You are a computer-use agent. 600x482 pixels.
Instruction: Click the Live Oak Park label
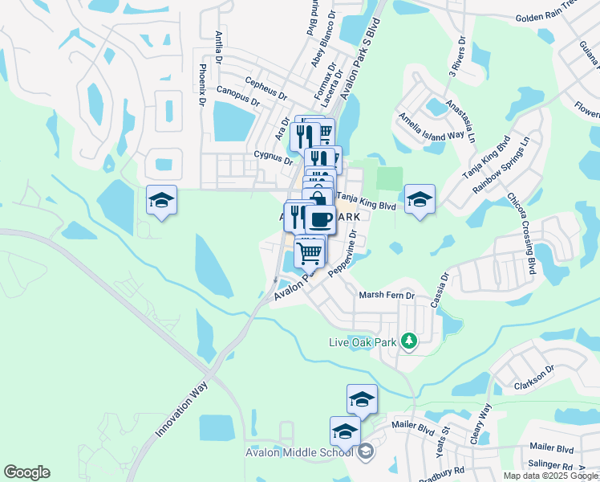coord(363,342)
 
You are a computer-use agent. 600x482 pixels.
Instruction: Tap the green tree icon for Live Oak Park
coord(408,341)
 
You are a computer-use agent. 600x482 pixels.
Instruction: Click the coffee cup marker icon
coord(321,219)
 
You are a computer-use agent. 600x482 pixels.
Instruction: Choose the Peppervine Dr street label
coord(346,252)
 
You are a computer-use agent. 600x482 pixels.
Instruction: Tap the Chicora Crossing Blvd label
coord(521,234)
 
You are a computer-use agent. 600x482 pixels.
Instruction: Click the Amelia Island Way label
coord(432,125)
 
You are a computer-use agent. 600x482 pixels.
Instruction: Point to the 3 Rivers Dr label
coord(456,56)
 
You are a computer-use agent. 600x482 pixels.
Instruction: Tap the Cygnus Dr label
coord(273,156)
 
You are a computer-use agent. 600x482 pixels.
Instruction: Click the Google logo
coord(26,472)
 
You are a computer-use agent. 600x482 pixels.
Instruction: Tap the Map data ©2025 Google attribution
coord(550,476)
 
